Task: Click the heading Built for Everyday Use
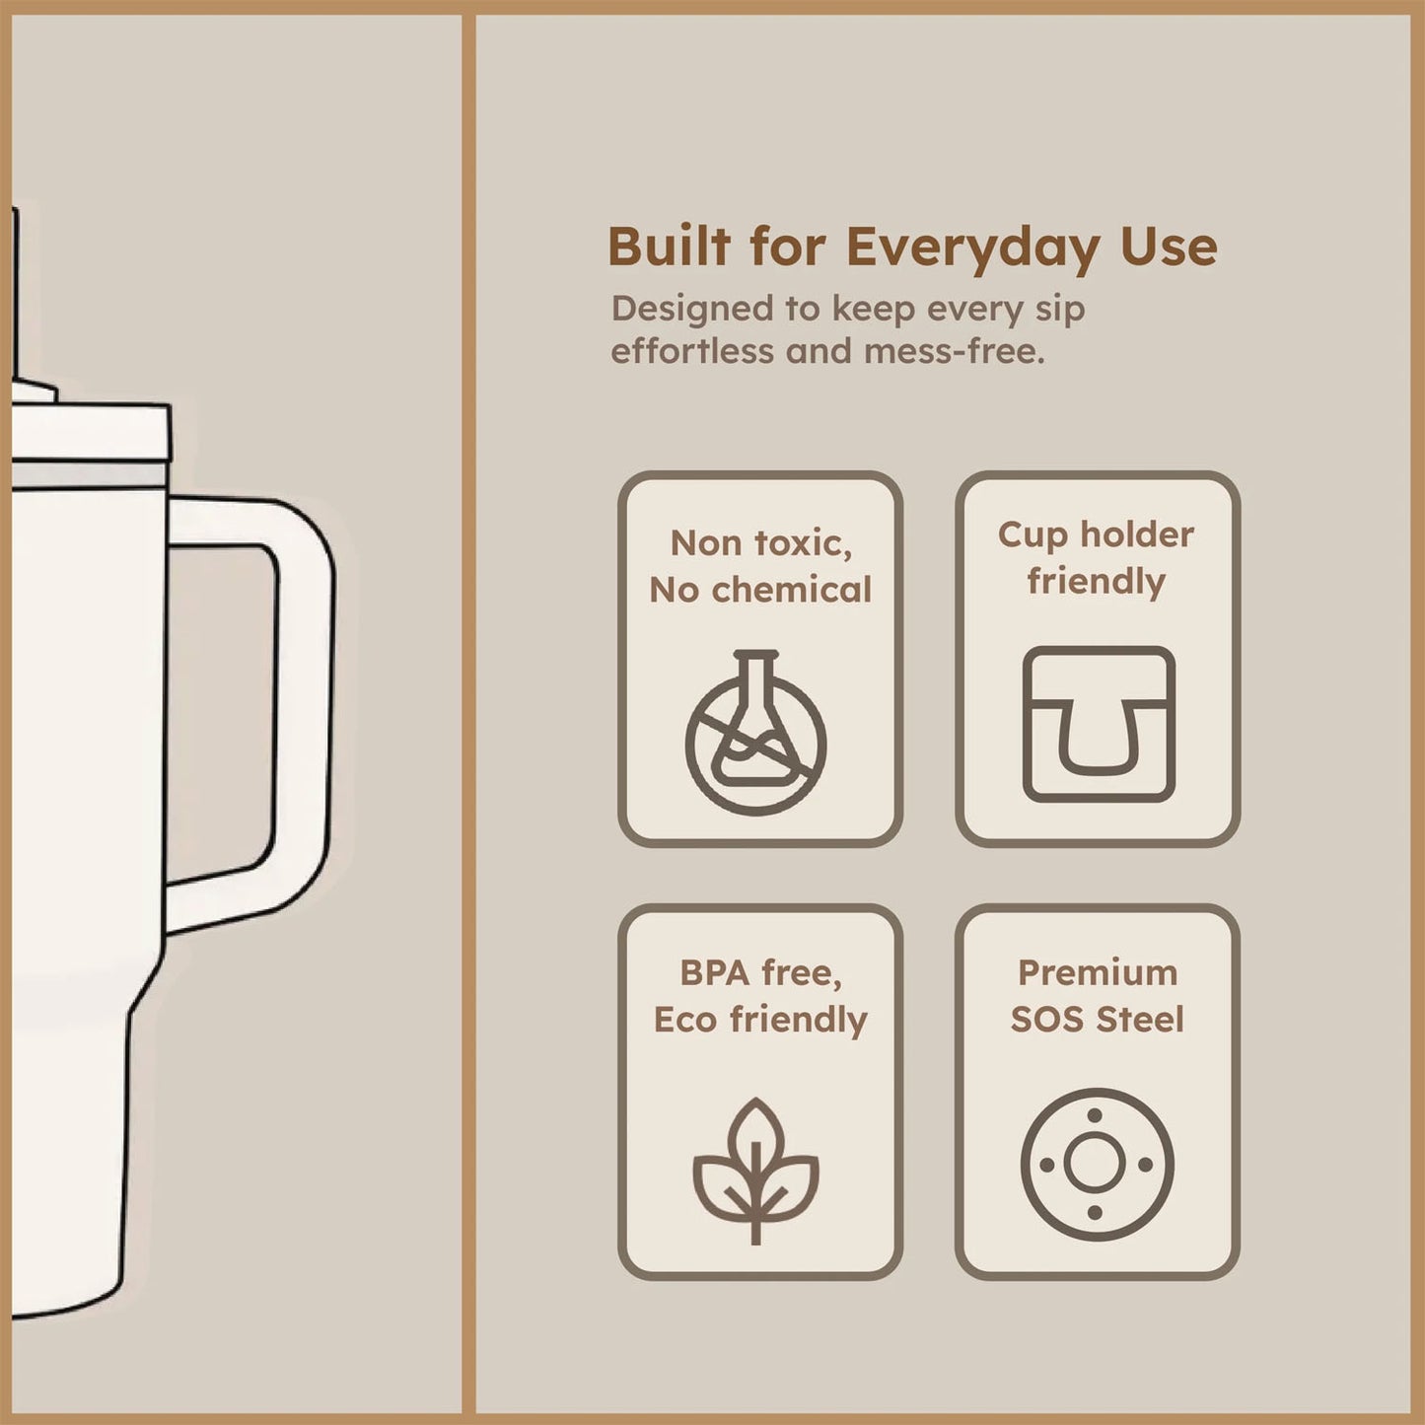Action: pyautogui.click(x=911, y=247)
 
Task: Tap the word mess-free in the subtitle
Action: pyautogui.click(x=954, y=351)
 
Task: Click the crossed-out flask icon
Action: pyautogui.click(x=755, y=733)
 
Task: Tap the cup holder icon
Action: pyautogui.click(x=1098, y=724)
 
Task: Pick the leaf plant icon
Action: pyautogui.click(x=755, y=1171)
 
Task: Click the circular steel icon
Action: pyautogui.click(x=1097, y=1165)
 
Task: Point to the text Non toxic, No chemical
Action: pyautogui.click(x=760, y=566)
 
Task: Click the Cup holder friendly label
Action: pyautogui.click(x=1096, y=557)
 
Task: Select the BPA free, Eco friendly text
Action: pyautogui.click(x=760, y=996)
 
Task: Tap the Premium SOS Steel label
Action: pyautogui.click(x=1097, y=996)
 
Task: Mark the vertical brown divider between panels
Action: pyautogui.click(x=468, y=710)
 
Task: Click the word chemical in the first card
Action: pyautogui.click(x=791, y=590)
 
